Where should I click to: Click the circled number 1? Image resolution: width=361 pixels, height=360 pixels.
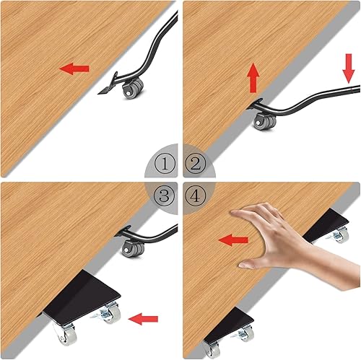tap(167, 165)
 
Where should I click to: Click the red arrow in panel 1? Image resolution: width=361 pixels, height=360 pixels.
tap(74, 69)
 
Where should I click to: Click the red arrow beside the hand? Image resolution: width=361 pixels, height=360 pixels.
tap(232, 239)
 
